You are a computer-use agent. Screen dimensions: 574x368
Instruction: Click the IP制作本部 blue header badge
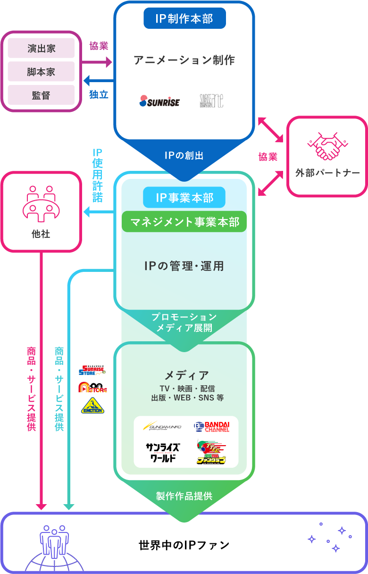pyautogui.click(x=184, y=18)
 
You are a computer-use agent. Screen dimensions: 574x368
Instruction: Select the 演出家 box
pyautogui.click(x=41, y=48)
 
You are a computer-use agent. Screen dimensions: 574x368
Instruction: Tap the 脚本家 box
pyautogui.click(x=41, y=72)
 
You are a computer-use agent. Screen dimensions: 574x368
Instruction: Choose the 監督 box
pyautogui.click(x=41, y=95)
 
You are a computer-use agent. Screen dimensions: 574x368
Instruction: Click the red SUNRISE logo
pyautogui.click(x=159, y=101)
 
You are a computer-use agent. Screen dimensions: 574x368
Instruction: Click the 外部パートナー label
pyautogui.click(x=327, y=173)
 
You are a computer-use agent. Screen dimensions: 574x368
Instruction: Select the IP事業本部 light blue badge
pyautogui.click(x=184, y=197)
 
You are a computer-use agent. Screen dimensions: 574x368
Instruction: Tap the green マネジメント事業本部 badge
pyautogui.click(x=184, y=221)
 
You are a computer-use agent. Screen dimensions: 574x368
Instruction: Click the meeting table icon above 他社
pyautogui.click(x=41, y=204)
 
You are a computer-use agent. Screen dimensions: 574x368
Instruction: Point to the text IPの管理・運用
pyautogui.click(x=184, y=266)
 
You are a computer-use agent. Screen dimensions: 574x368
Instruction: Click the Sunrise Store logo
pyautogui.click(x=92, y=370)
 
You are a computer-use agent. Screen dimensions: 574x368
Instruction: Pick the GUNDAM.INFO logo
pyautogui.click(x=162, y=426)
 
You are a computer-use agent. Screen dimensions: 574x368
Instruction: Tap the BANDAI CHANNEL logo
pyautogui.click(x=211, y=427)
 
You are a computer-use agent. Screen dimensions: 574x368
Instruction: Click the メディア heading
pyautogui.click(x=186, y=375)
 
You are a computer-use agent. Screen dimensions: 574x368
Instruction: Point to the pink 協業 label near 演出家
pyautogui.click(x=99, y=46)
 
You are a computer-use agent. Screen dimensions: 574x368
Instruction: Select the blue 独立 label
pyautogui.click(x=99, y=94)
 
